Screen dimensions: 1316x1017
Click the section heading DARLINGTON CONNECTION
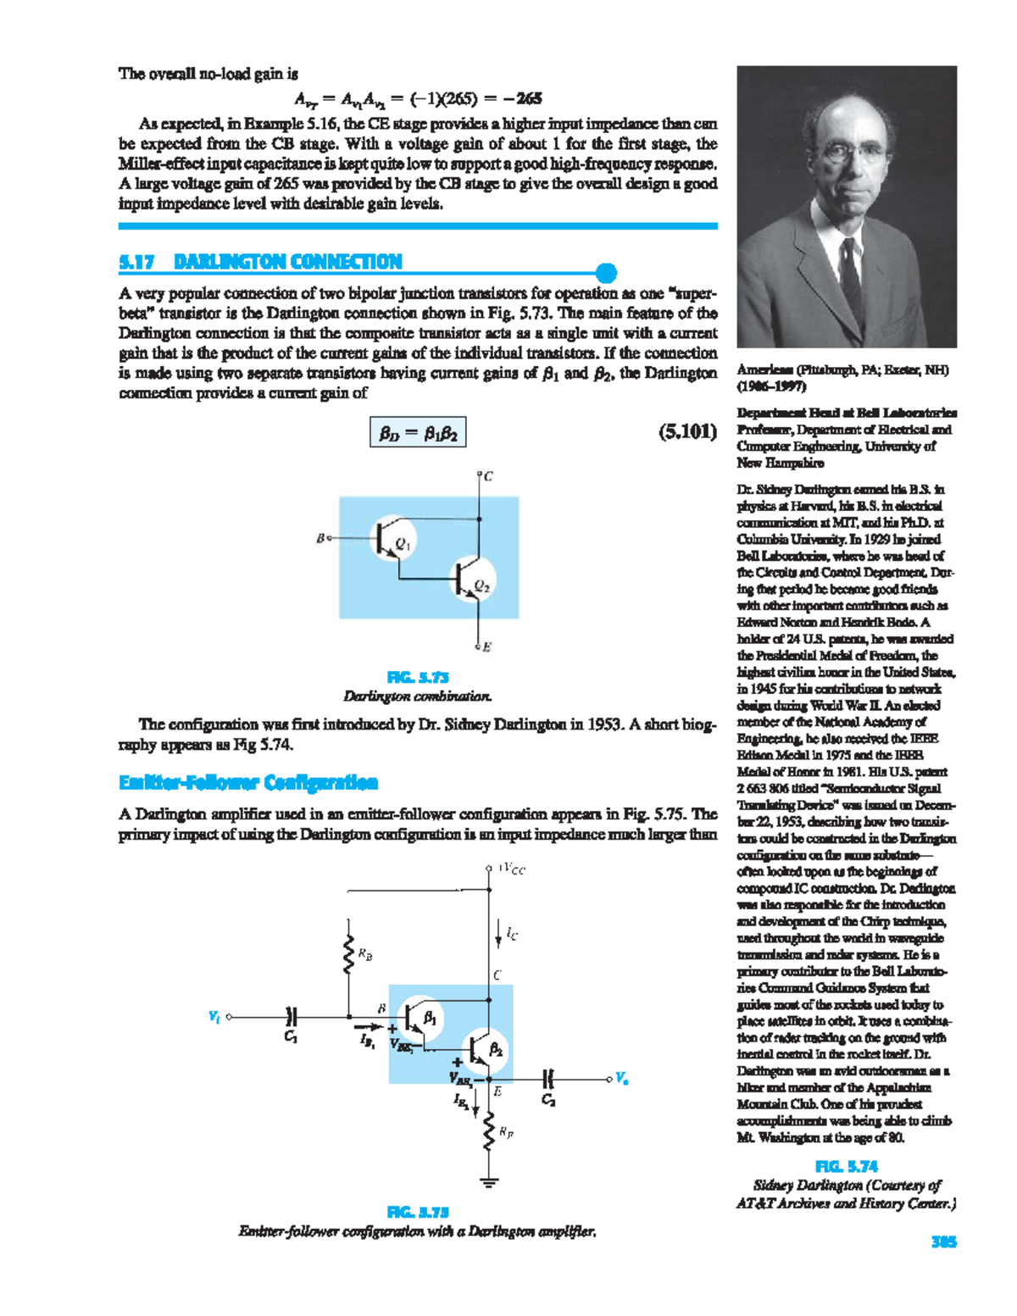coord(287,262)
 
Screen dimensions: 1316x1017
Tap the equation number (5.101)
coord(687,433)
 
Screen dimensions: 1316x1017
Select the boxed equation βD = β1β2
coord(418,434)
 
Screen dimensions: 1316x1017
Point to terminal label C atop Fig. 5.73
coord(488,477)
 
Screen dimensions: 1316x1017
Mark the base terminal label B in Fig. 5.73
coord(320,538)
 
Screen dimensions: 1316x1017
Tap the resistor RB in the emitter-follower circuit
coord(348,955)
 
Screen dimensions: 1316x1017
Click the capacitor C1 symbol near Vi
coord(292,1016)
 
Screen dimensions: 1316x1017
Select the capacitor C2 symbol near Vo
coord(548,1080)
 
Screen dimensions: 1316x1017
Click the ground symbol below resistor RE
coord(488,1182)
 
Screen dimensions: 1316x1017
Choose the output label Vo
coord(622,1080)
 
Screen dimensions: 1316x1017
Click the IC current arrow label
coord(511,935)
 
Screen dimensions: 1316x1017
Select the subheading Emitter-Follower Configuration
coord(248,782)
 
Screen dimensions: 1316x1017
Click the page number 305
coord(943,1241)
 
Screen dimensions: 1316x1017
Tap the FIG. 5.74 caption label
coord(846,1166)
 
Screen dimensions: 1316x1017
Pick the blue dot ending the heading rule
coord(606,273)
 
